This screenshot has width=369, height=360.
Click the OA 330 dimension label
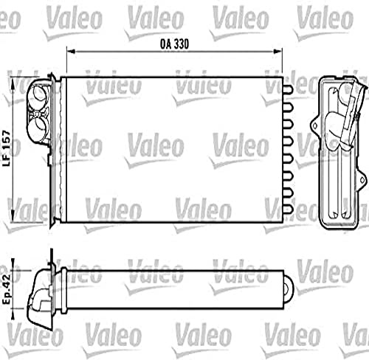[174, 44]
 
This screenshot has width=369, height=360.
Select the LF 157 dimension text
[7, 148]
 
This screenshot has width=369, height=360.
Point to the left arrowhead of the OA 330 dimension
[71, 51]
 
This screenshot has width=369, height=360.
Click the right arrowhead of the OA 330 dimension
[277, 51]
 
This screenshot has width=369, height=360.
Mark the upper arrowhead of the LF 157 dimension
[13, 83]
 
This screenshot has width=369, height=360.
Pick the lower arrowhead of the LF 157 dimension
[13, 216]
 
